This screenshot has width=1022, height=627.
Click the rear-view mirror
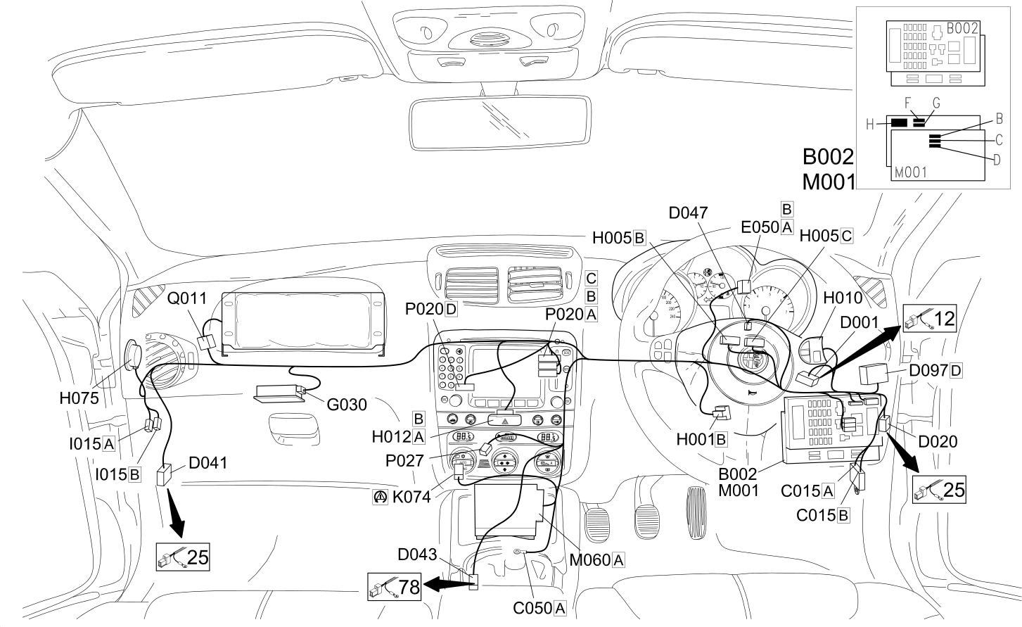coord(499,122)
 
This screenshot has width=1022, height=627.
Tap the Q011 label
coord(186,298)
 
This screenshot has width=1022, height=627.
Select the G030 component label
coord(347,405)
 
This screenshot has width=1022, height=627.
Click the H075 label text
coord(79,398)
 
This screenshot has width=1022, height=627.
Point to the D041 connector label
coord(207,463)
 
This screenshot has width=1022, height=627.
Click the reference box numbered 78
coord(394,587)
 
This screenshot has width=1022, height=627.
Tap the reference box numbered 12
coord(930,319)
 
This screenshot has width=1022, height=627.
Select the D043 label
coord(417,555)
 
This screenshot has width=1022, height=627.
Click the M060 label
coord(589,560)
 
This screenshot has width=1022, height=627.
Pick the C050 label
coord(532,608)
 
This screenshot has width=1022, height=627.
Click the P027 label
coord(404,461)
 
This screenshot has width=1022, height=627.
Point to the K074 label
coord(411,497)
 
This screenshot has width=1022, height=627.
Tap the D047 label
coord(688,213)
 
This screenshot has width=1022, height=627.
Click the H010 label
coord(843,298)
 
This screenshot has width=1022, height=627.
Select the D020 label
coord(938,442)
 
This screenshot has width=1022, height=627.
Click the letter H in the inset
coord(870,124)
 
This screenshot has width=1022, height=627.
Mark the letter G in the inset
coord(936,103)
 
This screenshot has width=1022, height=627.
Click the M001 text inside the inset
coord(911,172)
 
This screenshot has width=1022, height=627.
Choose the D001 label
coord(859,322)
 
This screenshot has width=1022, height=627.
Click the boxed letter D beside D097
coord(956,371)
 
